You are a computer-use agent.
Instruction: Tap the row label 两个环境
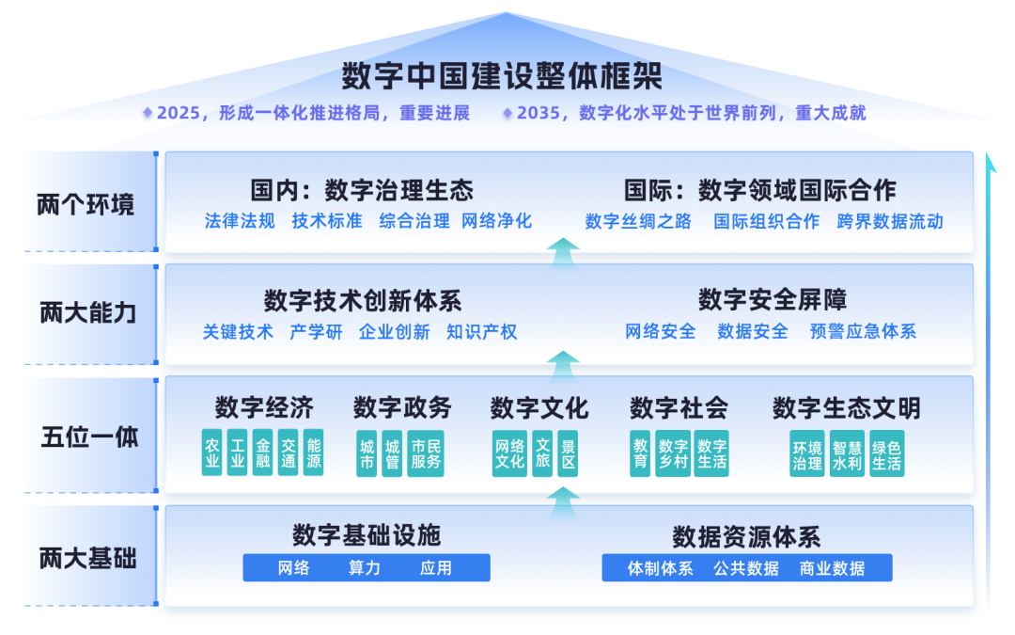click(86, 204)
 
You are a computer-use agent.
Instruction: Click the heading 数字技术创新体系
click(362, 301)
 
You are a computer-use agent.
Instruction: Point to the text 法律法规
click(240, 221)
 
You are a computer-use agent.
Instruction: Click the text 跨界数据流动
click(890, 221)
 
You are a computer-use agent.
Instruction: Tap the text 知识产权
click(481, 331)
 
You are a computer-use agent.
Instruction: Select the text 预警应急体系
click(863, 331)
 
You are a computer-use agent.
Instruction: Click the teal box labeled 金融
click(263, 452)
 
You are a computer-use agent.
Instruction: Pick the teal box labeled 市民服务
click(426, 453)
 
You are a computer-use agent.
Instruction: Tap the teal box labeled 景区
click(568, 453)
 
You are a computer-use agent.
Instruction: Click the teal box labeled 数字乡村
click(673, 453)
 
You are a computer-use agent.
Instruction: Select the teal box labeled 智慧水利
click(847, 453)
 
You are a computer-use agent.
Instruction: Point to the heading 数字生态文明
click(846, 408)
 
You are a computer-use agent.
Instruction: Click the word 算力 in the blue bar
click(365, 568)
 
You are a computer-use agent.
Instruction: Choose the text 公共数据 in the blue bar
click(745, 568)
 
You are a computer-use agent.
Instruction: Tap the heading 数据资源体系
click(746, 537)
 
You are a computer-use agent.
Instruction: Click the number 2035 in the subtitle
click(538, 113)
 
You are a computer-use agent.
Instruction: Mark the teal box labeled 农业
click(212, 452)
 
